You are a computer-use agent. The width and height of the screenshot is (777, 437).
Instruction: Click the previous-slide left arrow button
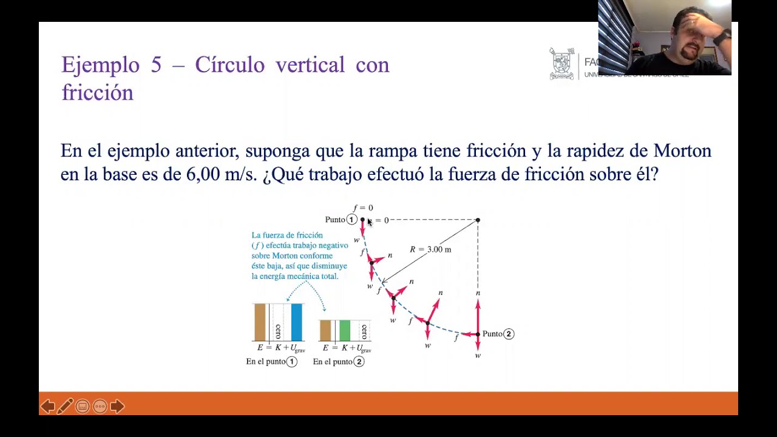tap(47, 406)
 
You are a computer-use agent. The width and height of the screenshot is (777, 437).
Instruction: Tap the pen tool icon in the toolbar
tap(65, 406)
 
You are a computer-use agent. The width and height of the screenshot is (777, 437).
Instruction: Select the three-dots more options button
tap(100, 406)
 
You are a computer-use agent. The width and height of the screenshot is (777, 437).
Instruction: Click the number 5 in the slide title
tap(156, 65)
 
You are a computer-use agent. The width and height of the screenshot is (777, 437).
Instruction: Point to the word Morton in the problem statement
tap(682, 151)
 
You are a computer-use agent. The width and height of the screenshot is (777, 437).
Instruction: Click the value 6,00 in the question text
tap(203, 175)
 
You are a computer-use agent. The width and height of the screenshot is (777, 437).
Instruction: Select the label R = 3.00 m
tap(430, 249)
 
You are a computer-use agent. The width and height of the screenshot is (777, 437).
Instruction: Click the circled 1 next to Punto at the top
tap(351, 220)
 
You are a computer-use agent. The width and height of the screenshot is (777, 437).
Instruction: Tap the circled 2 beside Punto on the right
tap(509, 334)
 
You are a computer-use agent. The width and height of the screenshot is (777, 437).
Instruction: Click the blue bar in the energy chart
tap(296, 322)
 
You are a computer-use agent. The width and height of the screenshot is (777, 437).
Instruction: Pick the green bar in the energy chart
tap(345, 331)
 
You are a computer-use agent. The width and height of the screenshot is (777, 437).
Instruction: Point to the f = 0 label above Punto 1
tap(363, 208)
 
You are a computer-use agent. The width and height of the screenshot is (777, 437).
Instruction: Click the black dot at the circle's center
tap(478, 220)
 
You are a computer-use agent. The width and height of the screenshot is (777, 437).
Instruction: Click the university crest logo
tap(562, 64)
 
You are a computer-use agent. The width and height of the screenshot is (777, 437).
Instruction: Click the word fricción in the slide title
tap(97, 93)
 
